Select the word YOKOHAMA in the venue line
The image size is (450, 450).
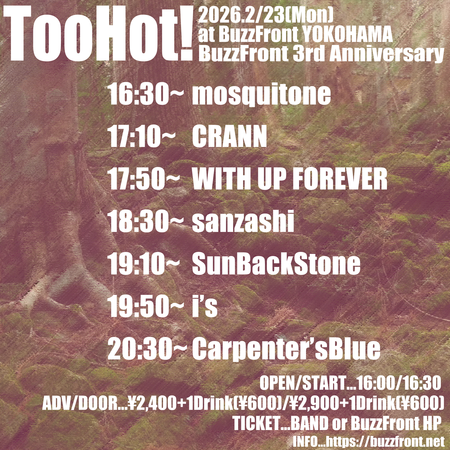pos(347,35)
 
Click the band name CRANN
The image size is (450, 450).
pos(229,137)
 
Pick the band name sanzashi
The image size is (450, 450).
pos(243,222)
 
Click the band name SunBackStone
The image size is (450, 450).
pos(276,264)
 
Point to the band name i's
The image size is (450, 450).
pos(204,306)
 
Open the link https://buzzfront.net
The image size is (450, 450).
pos(385,442)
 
